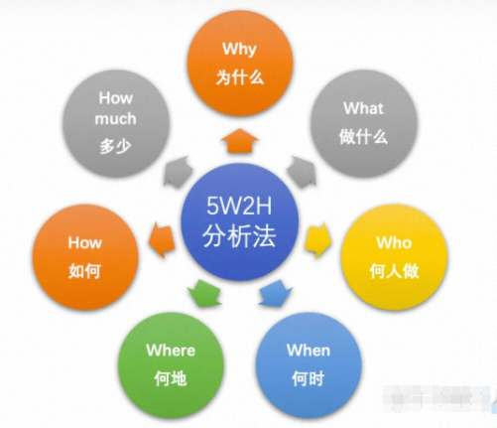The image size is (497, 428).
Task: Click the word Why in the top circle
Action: [239, 50]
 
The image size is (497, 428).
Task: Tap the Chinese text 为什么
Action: [240, 77]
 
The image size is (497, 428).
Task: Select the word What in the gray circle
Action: [363, 108]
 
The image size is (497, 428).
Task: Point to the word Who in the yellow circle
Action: [394, 242]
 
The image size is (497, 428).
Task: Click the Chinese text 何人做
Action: [394, 271]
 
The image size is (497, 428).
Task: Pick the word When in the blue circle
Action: [309, 351]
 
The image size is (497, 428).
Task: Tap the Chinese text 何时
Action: [308, 378]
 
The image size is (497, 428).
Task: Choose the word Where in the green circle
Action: [171, 351]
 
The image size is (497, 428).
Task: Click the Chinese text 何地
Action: [171, 378]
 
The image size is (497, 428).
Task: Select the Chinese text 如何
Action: [84, 271]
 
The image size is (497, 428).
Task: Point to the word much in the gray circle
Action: [115, 119]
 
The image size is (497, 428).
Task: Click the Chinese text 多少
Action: [116, 146]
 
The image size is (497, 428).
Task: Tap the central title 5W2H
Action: [239, 206]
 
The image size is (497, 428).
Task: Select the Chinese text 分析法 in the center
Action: [239, 236]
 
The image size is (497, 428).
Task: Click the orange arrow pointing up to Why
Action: [240, 141]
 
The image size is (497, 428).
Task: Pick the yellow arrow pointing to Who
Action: [318, 239]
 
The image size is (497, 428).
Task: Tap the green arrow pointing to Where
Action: [204, 293]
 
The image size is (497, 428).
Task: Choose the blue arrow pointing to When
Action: [275, 293]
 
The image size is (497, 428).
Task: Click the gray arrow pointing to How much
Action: [179, 172]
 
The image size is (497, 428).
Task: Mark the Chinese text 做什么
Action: [363, 136]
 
